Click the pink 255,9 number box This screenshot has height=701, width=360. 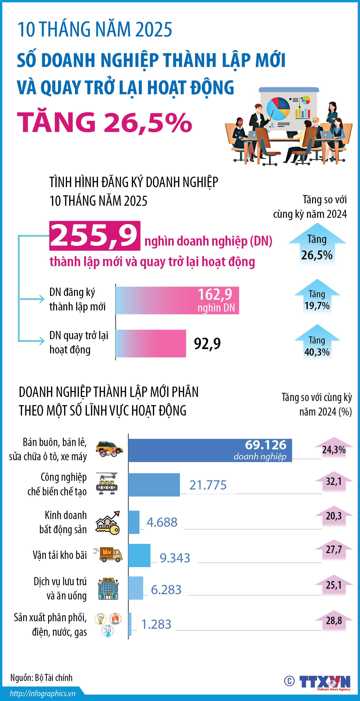click(x=95, y=236)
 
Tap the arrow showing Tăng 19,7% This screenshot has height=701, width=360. click(x=317, y=297)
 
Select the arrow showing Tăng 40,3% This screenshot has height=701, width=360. click(x=317, y=342)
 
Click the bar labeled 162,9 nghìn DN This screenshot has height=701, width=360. click(x=177, y=300)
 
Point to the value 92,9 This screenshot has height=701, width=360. click(x=207, y=343)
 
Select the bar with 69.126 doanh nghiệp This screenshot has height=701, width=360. click(x=210, y=450)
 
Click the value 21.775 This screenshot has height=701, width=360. click(x=208, y=485)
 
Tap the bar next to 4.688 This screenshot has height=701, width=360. click(x=134, y=522)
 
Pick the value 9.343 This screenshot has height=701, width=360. click(x=175, y=558)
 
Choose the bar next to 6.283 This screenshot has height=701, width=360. click(x=136, y=588)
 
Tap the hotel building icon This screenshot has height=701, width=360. click(x=108, y=589)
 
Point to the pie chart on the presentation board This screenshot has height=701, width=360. click(x=278, y=109)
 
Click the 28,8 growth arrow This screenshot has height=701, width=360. click(x=334, y=621)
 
